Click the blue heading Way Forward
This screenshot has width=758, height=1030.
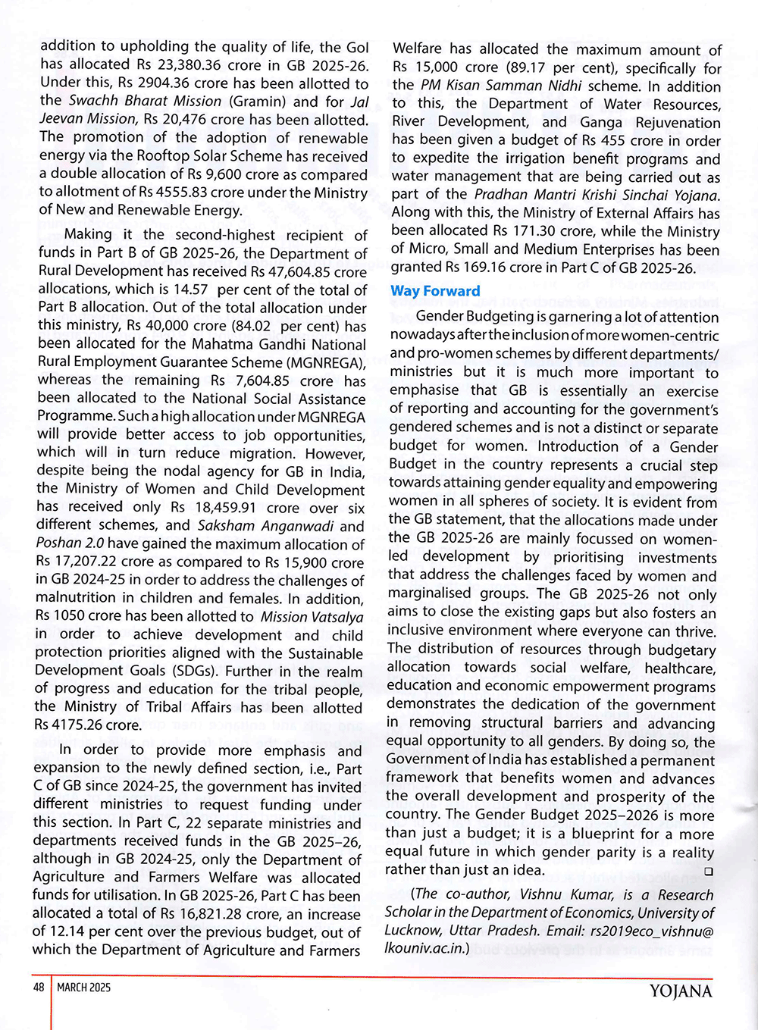click(435, 291)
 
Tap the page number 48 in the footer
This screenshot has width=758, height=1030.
click(39, 987)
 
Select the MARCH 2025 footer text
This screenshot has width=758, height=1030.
click(83, 987)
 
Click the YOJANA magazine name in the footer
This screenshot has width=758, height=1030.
click(681, 991)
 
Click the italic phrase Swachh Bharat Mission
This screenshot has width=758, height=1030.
click(145, 101)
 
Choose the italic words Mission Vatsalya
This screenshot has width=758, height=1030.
click(312, 617)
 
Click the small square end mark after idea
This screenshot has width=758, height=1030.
click(709, 872)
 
